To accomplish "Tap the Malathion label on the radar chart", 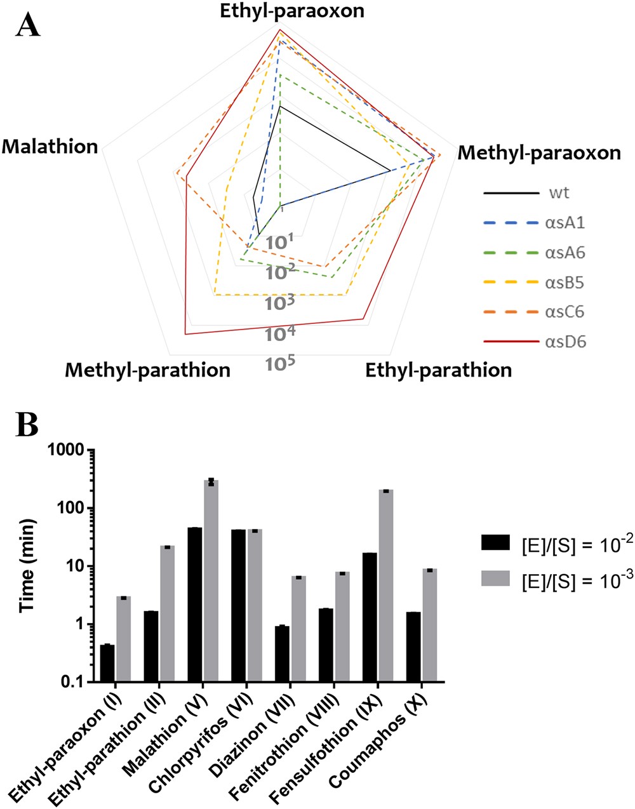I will [50, 147].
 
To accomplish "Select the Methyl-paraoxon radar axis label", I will [539, 153].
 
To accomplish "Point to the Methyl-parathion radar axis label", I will [147, 370].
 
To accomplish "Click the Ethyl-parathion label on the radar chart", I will [438, 370].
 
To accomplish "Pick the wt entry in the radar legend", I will [559, 193].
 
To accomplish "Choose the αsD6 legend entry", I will [565, 342].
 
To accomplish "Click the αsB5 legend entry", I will [565, 283].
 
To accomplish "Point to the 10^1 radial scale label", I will [279, 241].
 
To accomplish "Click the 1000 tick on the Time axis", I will [67, 450].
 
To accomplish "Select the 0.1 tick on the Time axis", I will [72, 682].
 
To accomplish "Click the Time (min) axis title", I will [27, 566].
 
